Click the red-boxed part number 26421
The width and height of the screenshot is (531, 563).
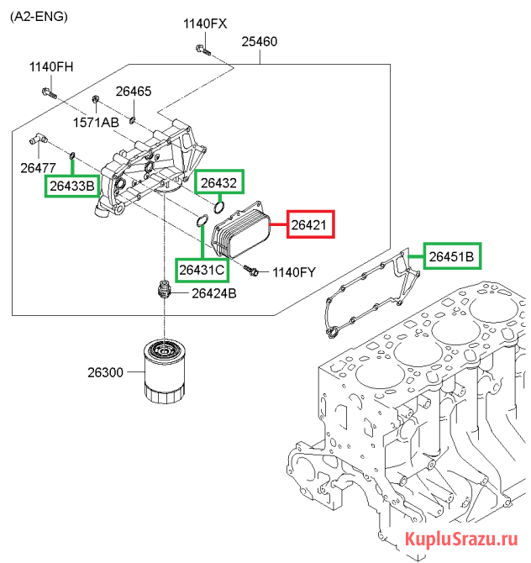tap(311, 224)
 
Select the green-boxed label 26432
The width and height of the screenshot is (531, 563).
tap(219, 182)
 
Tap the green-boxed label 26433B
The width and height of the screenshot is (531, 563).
tap(72, 186)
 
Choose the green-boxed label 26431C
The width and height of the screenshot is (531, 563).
tap(202, 269)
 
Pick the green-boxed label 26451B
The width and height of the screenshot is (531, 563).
tap(452, 256)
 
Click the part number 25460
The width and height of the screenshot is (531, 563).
tap(260, 42)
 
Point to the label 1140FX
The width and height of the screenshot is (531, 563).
tap(205, 24)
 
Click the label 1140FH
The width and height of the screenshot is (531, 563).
tap(51, 66)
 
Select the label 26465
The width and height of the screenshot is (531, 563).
tap(134, 92)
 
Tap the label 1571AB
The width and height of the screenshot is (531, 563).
tap(96, 123)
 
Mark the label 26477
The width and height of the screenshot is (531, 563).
tap(38, 168)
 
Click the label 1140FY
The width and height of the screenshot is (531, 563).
tap(294, 272)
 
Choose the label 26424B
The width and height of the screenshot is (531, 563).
tap(214, 293)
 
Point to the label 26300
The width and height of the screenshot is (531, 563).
tap(105, 372)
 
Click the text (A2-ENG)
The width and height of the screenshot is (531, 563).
tap(39, 17)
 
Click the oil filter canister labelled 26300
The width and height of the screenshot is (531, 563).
tap(165, 371)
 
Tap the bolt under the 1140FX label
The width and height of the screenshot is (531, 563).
tap(203, 50)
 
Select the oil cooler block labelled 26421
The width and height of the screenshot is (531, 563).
tap(240, 229)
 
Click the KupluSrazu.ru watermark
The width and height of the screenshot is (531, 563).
tap(461, 539)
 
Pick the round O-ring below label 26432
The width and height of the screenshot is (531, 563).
tap(218, 207)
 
